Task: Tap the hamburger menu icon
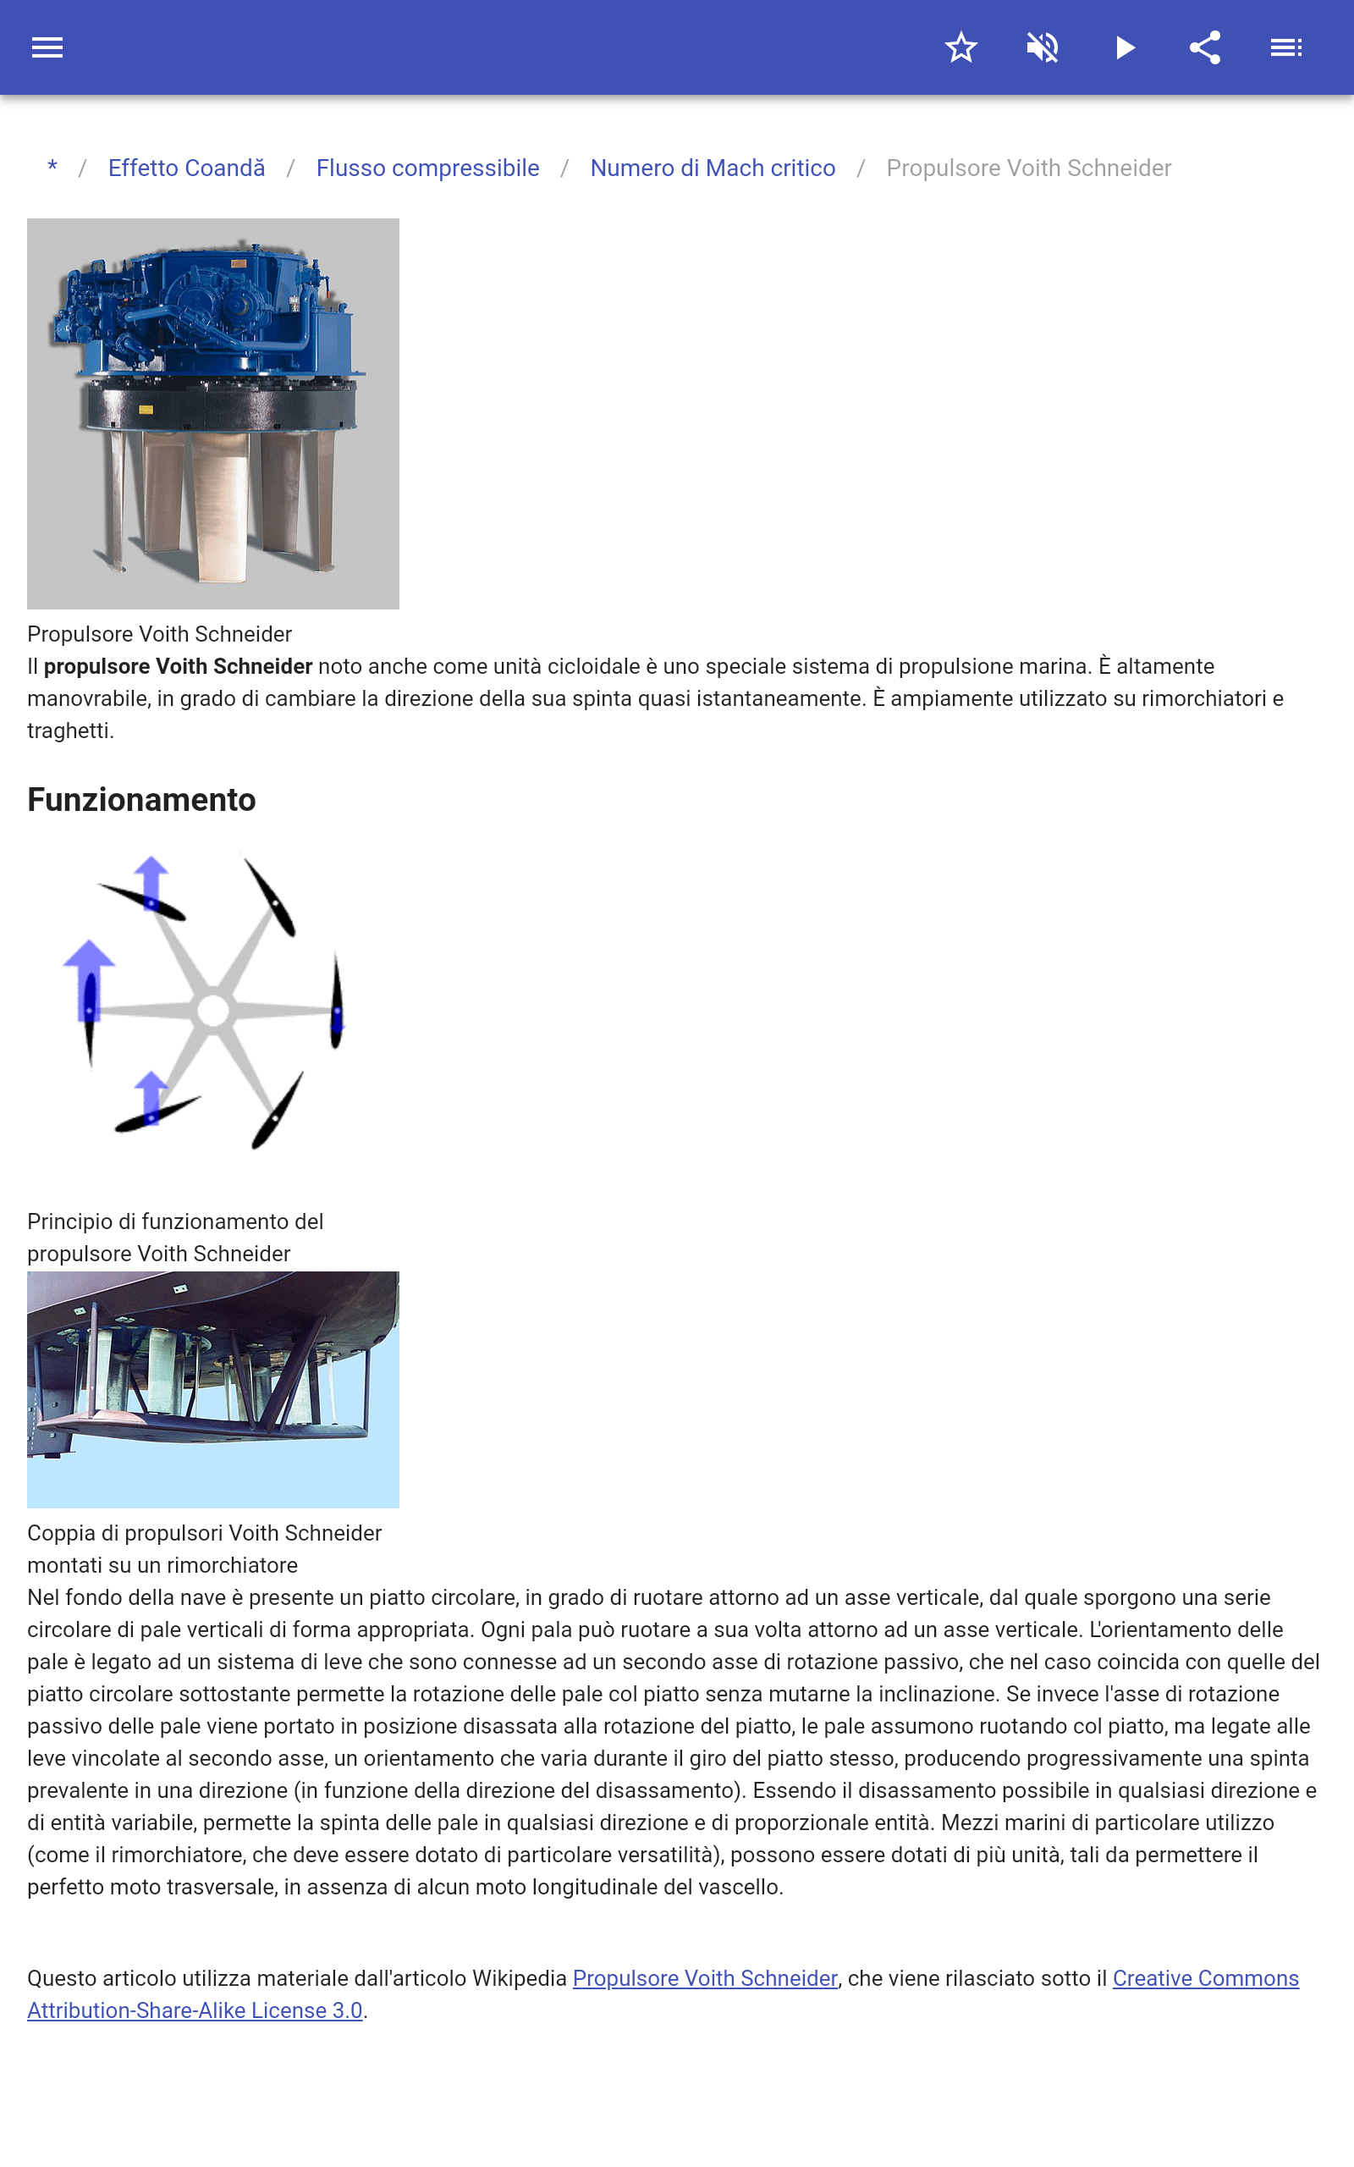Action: click(x=47, y=47)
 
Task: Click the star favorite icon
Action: click(x=960, y=47)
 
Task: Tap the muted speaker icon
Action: click(x=1043, y=47)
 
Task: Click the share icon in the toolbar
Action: click(x=1204, y=47)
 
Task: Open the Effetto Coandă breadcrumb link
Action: click(x=186, y=168)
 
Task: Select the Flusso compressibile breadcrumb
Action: click(x=427, y=168)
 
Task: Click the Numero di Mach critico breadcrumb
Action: click(x=712, y=168)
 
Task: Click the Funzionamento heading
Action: click(x=141, y=800)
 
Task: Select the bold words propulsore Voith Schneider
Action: click(x=178, y=666)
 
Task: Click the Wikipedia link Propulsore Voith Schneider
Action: click(x=705, y=1978)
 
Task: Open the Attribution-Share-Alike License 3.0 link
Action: click(x=195, y=2010)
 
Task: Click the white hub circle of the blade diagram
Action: click(x=213, y=1011)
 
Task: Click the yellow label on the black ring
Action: click(x=146, y=409)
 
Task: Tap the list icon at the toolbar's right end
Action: click(x=1286, y=47)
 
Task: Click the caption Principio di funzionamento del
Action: click(x=174, y=1221)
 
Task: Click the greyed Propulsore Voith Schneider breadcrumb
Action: click(x=1028, y=168)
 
